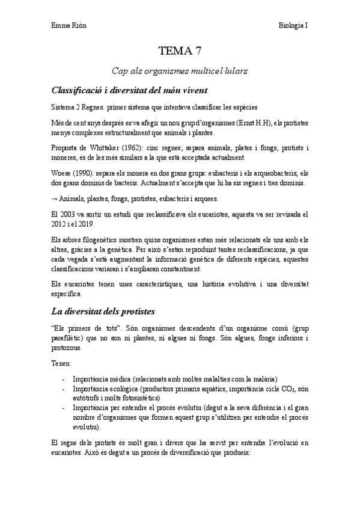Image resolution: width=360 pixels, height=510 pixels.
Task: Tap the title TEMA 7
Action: tap(180, 51)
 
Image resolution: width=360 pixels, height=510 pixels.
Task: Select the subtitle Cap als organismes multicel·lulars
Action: tap(180, 71)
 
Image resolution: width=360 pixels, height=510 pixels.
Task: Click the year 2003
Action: tap(66, 214)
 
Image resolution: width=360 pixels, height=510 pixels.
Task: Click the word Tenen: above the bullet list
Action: tap(61, 364)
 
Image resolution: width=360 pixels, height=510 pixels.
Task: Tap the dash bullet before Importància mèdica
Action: tap(64, 379)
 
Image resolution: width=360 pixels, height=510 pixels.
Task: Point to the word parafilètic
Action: tap(67, 339)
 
